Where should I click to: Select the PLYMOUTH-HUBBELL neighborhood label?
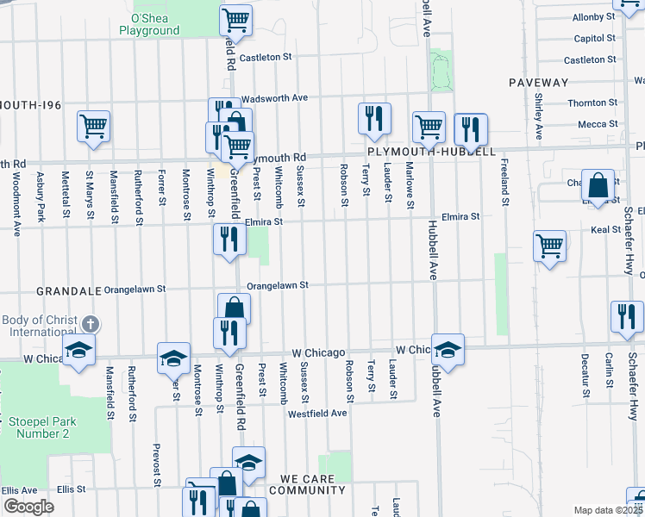tap(431, 151)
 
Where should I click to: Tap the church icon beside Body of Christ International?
tap(91, 325)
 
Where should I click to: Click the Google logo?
tap(28, 507)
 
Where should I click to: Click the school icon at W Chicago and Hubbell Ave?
tap(448, 349)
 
